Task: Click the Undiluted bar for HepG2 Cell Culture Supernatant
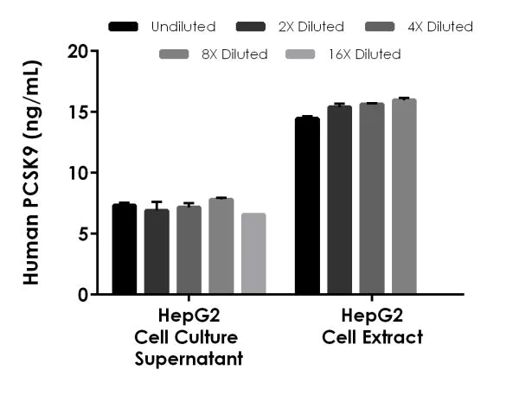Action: coord(125,250)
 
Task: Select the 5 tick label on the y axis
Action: coord(83,233)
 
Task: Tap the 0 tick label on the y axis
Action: coord(83,294)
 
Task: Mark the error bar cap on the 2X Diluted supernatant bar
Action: coord(157,201)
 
